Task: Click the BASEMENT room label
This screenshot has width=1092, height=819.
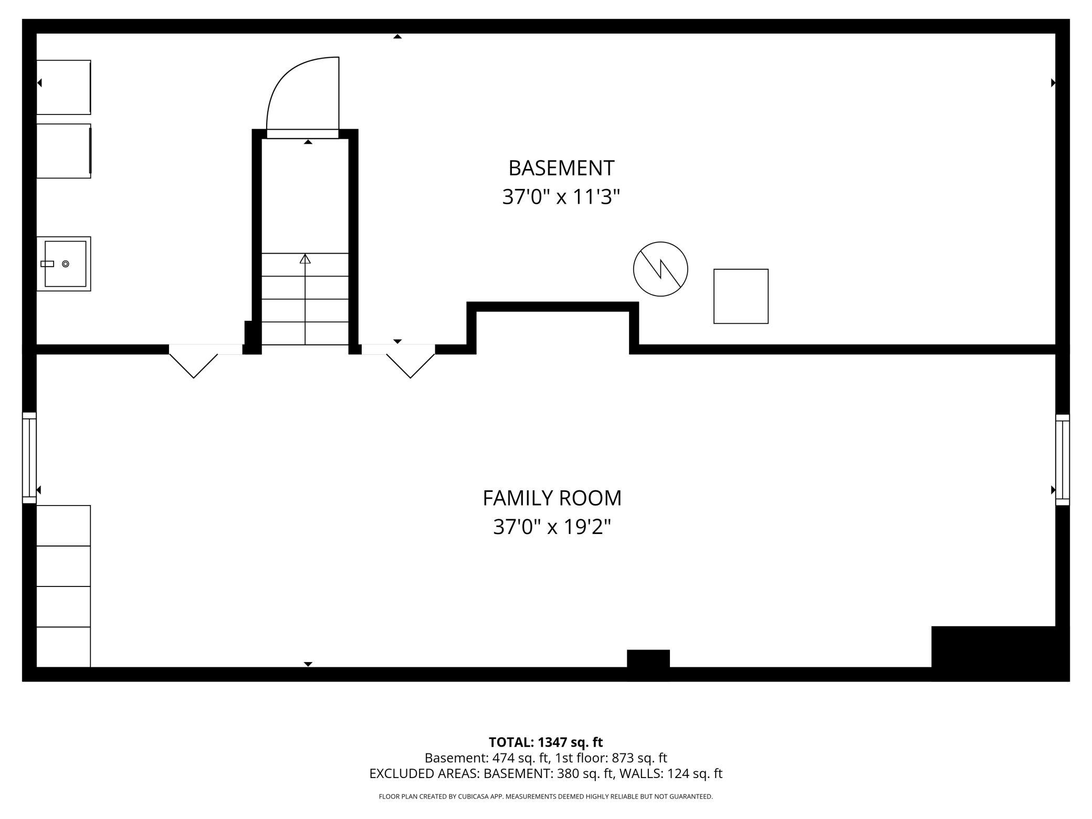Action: [x=561, y=168]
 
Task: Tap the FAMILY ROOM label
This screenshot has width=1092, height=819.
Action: [x=552, y=498]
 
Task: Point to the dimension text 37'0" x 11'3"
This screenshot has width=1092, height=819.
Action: [x=561, y=197]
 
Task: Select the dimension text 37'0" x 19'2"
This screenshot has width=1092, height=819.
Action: [x=552, y=527]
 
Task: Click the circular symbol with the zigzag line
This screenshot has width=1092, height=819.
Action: [x=660, y=269]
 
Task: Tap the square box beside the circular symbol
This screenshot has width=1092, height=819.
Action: [x=741, y=296]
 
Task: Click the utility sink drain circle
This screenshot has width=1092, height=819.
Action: [x=66, y=264]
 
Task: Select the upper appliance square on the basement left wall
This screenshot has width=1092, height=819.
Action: [x=64, y=87]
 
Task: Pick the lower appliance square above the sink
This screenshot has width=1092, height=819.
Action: [x=64, y=151]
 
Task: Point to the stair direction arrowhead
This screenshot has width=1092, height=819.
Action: [x=305, y=258]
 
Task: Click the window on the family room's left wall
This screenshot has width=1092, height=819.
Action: [x=29, y=458]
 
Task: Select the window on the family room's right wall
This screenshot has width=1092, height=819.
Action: [x=1062, y=459]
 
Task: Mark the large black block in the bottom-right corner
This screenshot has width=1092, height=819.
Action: [x=1000, y=653]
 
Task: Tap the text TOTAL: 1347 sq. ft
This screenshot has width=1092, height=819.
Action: [x=545, y=742]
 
